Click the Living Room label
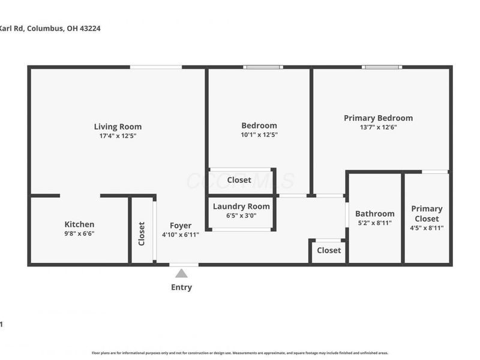[x=118, y=127]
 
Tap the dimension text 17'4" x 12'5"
[x=118, y=136]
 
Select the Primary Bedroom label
[x=378, y=118]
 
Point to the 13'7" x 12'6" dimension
[x=378, y=127]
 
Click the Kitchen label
[x=79, y=224]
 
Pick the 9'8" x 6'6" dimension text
[x=79, y=233]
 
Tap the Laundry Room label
[x=241, y=206]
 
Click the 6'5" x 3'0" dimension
[x=241, y=215]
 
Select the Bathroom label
[x=374, y=214]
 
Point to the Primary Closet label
[x=427, y=214]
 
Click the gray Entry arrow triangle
[x=181, y=274]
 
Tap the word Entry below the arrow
[x=181, y=287]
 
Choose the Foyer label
[x=180, y=226]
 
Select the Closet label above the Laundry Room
[x=239, y=180]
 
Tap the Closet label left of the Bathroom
[x=329, y=250]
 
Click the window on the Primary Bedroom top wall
[x=382, y=67]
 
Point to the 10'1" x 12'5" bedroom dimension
[x=259, y=135]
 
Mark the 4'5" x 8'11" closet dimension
[x=427, y=228]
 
